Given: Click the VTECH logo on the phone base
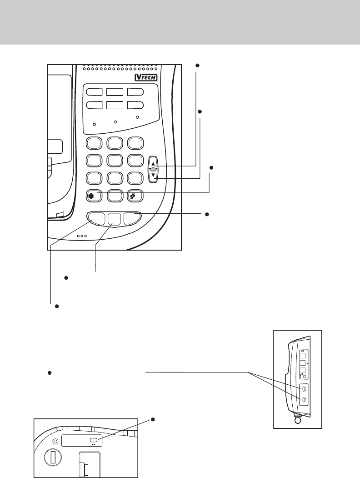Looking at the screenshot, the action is click(146, 77).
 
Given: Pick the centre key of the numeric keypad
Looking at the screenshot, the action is click(115, 160).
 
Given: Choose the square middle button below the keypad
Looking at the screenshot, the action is click(115, 219).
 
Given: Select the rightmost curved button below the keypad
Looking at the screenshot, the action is click(132, 218).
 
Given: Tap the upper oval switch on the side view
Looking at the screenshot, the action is click(303, 389).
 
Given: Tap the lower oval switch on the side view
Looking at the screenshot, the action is click(303, 400).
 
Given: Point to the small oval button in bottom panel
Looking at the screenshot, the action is click(95, 440).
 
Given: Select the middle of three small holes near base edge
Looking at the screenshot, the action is click(82, 236).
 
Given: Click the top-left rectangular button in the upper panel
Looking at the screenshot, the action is click(95, 92).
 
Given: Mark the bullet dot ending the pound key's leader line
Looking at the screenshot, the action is click(211, 168).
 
